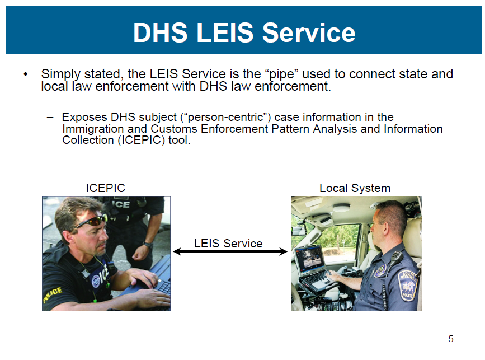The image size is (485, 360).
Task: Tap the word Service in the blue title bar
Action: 309,33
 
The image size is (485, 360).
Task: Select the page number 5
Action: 451,339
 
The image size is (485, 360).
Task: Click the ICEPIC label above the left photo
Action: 105,188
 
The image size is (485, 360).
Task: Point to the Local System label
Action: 355,188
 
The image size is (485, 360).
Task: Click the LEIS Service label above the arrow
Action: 228,244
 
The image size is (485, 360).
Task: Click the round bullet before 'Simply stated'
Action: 25,74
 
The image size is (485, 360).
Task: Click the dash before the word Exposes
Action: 51,118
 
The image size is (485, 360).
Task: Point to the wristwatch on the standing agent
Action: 148,245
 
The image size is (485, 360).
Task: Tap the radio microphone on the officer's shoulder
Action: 395,258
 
